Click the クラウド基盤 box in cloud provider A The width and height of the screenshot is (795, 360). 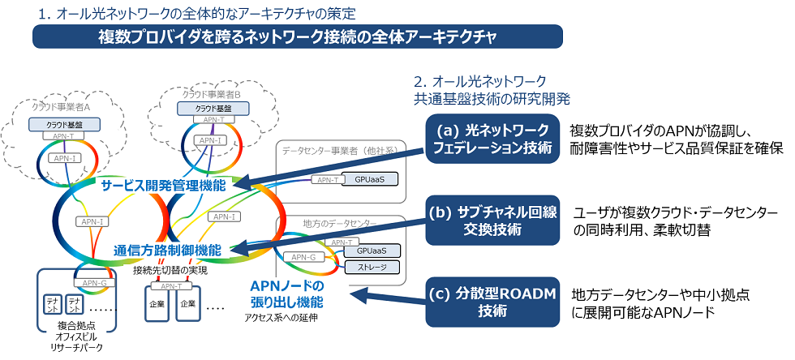point(62,124)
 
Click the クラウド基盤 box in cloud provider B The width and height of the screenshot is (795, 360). point(202,107)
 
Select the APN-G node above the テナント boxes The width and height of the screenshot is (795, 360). point(92,282)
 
